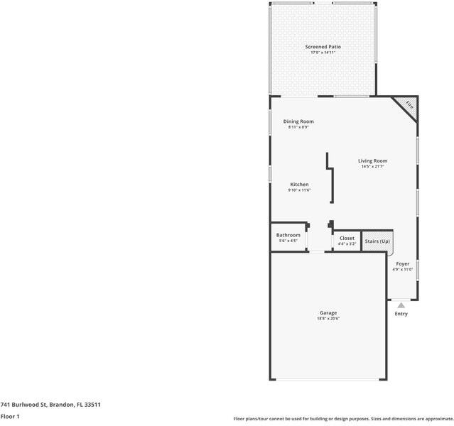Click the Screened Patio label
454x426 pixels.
point(323,47)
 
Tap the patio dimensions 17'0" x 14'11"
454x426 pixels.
point(323,53)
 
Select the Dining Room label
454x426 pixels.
point(298,121)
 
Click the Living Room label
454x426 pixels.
point(372,161)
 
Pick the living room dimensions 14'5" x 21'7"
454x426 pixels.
point(372,167)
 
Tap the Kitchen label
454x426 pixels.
point(299,185)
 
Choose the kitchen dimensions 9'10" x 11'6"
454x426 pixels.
point(299,190)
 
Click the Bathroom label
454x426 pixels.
point(288,235)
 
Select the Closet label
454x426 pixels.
point(347,239)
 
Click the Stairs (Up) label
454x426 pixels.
point(377,241)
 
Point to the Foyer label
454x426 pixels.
point(402,264)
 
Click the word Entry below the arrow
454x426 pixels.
point(401,314)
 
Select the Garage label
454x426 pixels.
point(328,313)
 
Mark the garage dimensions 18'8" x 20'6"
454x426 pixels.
point(328,319)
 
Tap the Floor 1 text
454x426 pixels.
point(10,417)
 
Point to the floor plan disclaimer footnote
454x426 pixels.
point(343,419)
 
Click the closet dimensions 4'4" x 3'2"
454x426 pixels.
point(347,244)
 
